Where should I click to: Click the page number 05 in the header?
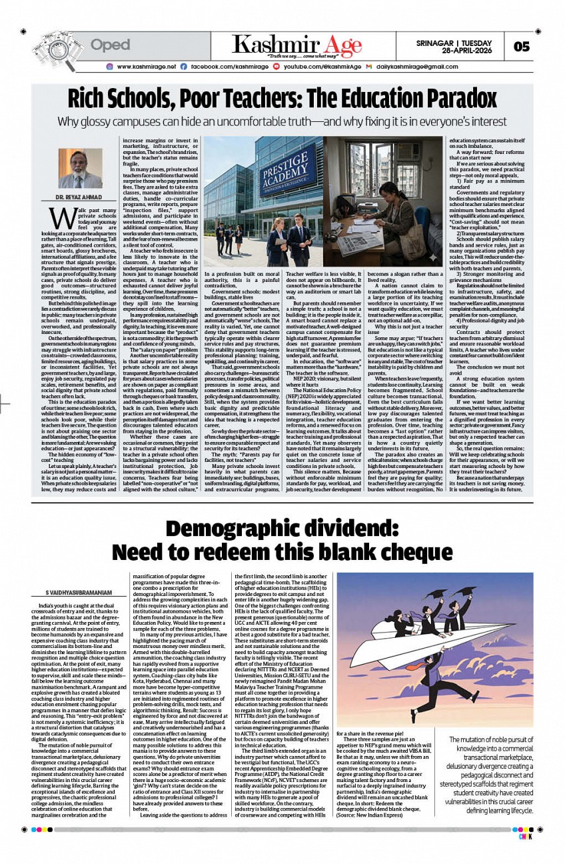click(x=521, y=46)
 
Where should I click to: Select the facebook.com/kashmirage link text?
click(x=225, y=67)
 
